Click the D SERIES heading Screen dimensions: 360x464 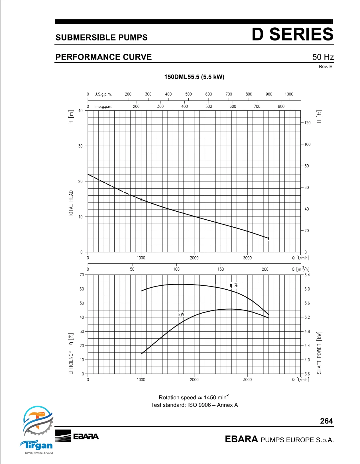pos(292,34)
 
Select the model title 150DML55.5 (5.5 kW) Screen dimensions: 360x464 pos(194,77)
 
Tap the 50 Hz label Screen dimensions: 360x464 pos(323,57)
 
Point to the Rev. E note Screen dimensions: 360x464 pos(326,67)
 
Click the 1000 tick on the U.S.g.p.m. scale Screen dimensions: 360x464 pos(289,94)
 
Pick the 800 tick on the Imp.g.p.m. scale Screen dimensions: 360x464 pos(281,106)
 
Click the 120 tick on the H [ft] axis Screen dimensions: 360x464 pos(308,123)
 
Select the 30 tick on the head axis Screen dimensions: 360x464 pos(80,146)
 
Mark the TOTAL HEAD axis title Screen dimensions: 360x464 pos(71,203)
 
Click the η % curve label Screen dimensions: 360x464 pos(233,285)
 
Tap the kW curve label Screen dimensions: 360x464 pos(181,314)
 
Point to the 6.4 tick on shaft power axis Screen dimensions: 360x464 pos(307,275)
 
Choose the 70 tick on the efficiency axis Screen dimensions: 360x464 pos(82,275)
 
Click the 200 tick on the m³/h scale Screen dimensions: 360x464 pos(265,269)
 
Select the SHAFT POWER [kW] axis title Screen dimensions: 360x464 pos(319,353)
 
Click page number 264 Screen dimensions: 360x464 pos(326,421)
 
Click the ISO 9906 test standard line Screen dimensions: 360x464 pos(194,405)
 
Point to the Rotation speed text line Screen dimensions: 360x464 pos(194,397)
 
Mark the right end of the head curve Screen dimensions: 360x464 pos(269,238)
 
